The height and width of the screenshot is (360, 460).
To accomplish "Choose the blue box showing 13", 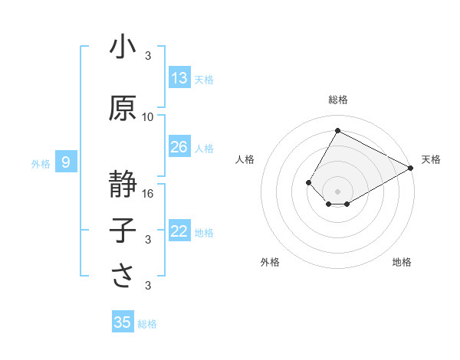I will pyautogui.click(x=179, y=78).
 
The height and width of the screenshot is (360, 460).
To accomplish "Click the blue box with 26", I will pyautogui.click(x=179, y=147).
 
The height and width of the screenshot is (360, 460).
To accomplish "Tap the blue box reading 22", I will pyautogui.click(x=179, y=231).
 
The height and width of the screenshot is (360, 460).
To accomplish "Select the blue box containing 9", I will pyautogui.click(x=67, y=162).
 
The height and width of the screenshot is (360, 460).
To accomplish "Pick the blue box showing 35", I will pyautogui.click(x=123, y=322).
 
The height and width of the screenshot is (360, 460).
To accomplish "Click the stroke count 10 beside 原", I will pyautogui.click(x=148, y=117).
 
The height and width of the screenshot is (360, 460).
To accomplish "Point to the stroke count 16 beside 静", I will pyautogui.click(x=148, y=194).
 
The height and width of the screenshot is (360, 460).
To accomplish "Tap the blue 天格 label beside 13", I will pyautogui.click(x=204, y=79).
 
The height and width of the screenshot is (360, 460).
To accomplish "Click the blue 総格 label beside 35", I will pyautogui.click(x=147, y=324).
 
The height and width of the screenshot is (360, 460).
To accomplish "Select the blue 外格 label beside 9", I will pyautogui.click(x=41, y=163).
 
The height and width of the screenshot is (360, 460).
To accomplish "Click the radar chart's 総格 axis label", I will pyautogui.click(x=337, y=100).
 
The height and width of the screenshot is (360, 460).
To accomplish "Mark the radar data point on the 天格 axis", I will pyautogui.click(x=412, y=169).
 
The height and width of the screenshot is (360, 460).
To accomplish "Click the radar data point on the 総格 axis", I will pyautogui.click(x=337, y=130).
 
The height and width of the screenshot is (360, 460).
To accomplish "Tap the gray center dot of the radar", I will pyautogui.click(x=337, y=190).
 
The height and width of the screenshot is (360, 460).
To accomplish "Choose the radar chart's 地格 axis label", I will pyautogui.click(x=402, y=262).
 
